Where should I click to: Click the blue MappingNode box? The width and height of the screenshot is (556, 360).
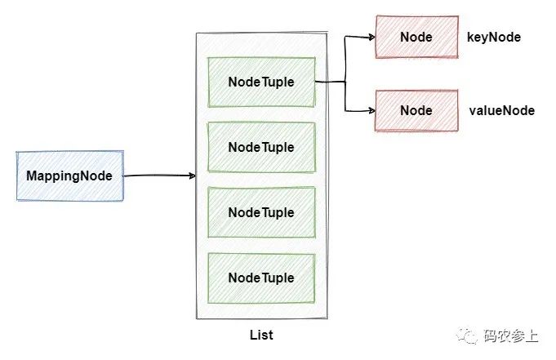click(70, 176)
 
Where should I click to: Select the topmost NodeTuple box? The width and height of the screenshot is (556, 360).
click(261, 82)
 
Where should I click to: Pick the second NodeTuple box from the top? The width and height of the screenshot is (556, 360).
click(261, 147)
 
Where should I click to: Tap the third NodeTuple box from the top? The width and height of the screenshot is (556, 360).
click(261, 212)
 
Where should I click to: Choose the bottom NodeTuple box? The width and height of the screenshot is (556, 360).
click(261, 278)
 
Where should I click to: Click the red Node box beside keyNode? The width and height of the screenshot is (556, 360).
click(416, 37)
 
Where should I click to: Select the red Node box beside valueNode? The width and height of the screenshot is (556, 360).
click(416, 110)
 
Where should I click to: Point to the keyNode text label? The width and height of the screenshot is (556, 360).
click(494, 38)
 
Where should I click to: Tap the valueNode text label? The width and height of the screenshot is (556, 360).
click(502, 110)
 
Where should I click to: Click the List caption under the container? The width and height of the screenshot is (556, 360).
click(261, 335)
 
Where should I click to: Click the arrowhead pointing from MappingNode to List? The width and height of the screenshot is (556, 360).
click(193, 176)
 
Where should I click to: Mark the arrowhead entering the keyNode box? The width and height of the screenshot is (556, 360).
click(372, 37)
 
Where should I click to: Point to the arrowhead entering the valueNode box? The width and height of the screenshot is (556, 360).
click(372, 111)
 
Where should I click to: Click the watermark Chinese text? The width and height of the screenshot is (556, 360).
click(510, 336)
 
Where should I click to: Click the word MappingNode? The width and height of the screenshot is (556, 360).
click(69, 176)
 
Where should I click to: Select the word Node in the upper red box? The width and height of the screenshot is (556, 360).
click(416, 37)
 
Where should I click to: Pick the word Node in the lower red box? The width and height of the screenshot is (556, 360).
click(416, 110)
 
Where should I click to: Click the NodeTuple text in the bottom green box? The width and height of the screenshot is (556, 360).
click(261, 278)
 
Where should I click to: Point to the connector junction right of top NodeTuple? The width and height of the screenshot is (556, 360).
click(345, 82)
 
